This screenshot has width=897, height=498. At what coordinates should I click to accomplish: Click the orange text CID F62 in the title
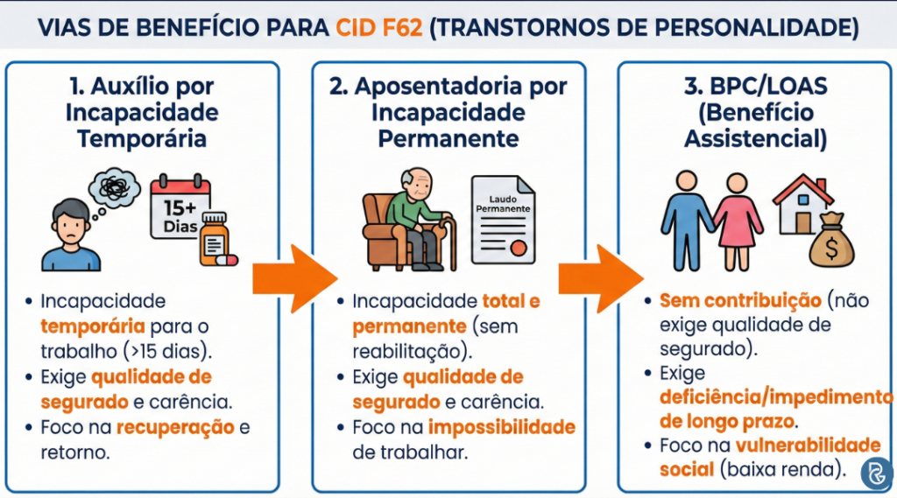(x=378, y=27)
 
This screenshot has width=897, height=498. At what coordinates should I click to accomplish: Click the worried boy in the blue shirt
(x=70, y=235)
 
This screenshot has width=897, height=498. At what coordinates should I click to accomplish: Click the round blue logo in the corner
(x=875, y=473)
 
